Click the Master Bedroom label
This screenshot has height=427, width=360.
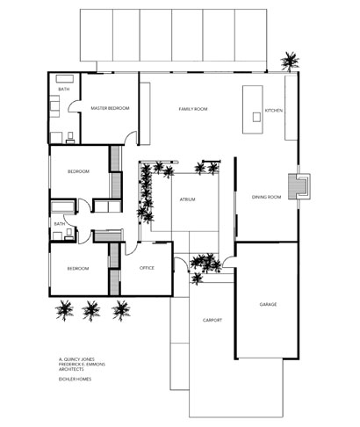click(x=110, y=108)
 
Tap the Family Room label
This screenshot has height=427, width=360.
click(x=193, y=109)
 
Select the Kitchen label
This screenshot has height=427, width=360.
click(x=274, y=111)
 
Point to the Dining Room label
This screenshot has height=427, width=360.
click(x=266, y=197)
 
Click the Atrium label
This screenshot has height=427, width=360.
click(x=187, y=199)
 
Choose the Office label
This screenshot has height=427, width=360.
click(x=147, y=268)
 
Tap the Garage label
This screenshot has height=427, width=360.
click(x=268, y=305)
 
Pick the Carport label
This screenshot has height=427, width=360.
click(x=212, y=320)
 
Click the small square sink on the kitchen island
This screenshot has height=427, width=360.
click(x=256, y=117)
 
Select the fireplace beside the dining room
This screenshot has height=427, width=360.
click(x=299, y=186)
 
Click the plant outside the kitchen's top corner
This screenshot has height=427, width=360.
click(x=290, y=62)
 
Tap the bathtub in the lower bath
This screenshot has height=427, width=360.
click(x=63, y=206)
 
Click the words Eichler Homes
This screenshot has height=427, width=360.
click(x=76, y=379)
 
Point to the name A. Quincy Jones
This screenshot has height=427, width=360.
click(x=76, y=359)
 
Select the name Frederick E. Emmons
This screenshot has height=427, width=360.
click(x=82, y=365)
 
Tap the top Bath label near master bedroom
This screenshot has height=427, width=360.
click(x=64, y=89)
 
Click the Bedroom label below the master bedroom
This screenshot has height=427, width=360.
click(x=78, y=171)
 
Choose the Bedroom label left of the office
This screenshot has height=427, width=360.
click(x=78, y=269)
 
